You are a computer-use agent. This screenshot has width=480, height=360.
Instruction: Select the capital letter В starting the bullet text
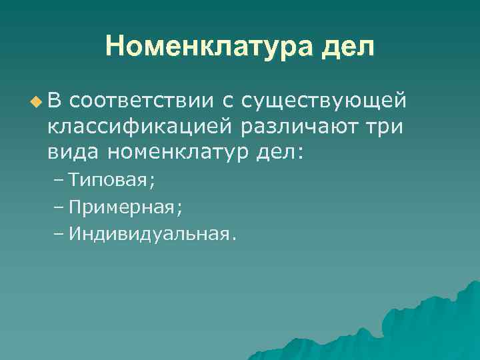click(x=54, y=101)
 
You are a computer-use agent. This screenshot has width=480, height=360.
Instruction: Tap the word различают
click(x=299, y=127)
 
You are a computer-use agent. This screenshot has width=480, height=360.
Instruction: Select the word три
click(x=385, y=127)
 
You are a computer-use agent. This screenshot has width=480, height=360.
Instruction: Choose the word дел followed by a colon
click(x=279, y=152)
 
